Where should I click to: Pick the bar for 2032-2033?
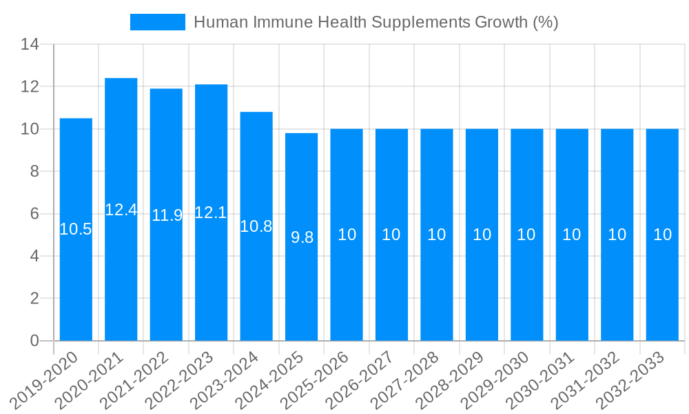662,290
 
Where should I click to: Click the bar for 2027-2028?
437,290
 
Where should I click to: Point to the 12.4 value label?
121,210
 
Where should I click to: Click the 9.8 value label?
302,237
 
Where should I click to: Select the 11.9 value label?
167,215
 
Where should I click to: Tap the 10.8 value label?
256,226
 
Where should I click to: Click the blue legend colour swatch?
158,22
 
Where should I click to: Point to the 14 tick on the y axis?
30,45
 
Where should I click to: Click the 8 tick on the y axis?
34,171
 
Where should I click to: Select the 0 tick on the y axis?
34,341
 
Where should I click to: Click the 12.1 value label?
211,213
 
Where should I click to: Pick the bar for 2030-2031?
572,290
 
